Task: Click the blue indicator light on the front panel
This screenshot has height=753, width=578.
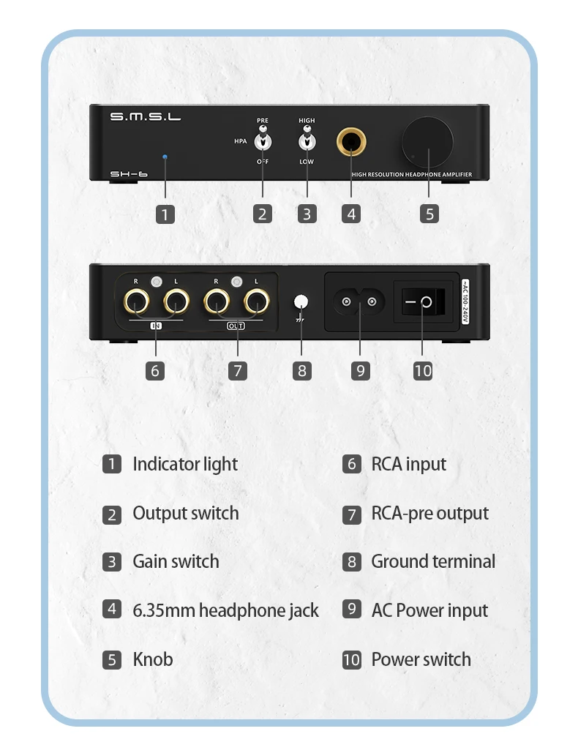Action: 165,157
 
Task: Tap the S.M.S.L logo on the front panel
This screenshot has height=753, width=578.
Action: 145,117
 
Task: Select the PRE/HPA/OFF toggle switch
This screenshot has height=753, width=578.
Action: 262,140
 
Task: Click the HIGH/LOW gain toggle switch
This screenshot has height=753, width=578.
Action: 307,140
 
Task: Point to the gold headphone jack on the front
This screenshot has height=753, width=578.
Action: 351,141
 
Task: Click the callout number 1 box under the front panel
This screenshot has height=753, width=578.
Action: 165,214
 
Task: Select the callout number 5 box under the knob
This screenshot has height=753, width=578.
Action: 429,214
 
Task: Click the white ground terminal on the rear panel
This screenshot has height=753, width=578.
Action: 301,301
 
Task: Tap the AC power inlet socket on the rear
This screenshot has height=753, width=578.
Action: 360,301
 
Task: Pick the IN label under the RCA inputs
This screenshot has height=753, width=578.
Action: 155,326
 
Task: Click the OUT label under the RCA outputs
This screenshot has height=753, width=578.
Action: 236,326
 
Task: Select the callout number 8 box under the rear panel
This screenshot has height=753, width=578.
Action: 302,370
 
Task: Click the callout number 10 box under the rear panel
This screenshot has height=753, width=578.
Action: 423,370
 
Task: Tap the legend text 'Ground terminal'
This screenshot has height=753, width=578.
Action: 433,562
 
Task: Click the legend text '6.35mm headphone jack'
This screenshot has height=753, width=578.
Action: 225,610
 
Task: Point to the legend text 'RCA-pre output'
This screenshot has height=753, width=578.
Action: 429,513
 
